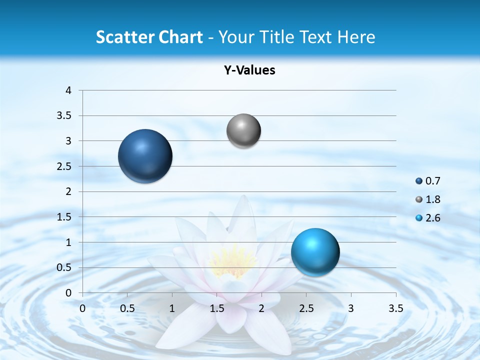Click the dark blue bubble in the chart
click(x=145, y=156)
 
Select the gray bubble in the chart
click(x=243, y=131)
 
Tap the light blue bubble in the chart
click(x=315, y=252)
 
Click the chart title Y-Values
click(x=249, y=70)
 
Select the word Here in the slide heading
click(x=356, y=37)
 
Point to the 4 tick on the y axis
click(x=68, y=90)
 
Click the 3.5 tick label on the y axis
click(x=65, y=116)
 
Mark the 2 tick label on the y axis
click(x=68, y=191)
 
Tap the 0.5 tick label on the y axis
click(x=65, y=267)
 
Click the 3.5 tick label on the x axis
click(x=395, y=308)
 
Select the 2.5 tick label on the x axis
click(x=306, y=308)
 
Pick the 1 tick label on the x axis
click(x=172, y=308)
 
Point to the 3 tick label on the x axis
click(x=351, y=308)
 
